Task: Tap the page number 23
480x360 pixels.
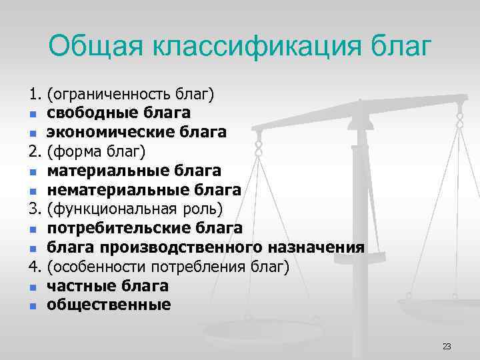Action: coord(447,346)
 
